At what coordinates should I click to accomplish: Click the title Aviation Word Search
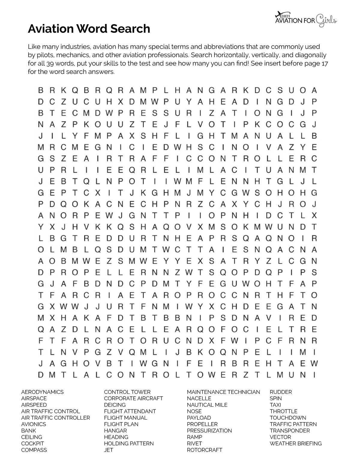coord(89,29)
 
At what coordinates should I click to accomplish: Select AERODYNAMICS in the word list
coord(42,392)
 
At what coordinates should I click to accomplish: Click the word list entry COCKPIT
coord(32,444)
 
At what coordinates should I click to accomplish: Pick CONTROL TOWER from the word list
coord(127,392)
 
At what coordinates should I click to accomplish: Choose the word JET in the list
coord(108,450)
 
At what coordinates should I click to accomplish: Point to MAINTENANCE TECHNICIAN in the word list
coord(223,392)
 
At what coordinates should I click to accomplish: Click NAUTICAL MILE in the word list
coord(207,405)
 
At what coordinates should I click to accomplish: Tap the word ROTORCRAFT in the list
coord(204,450)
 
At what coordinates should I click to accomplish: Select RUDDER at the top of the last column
coord(280,392)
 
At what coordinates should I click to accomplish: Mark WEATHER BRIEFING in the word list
coord(295,444)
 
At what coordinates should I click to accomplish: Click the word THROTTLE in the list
coord(283,411)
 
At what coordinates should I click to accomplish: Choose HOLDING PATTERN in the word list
coord(129,444)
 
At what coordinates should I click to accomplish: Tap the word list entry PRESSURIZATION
coord(209,431)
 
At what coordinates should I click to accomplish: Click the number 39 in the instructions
coord(50,64)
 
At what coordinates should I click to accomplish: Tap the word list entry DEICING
coord(115,405)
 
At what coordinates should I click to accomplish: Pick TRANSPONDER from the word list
coord(289,431)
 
